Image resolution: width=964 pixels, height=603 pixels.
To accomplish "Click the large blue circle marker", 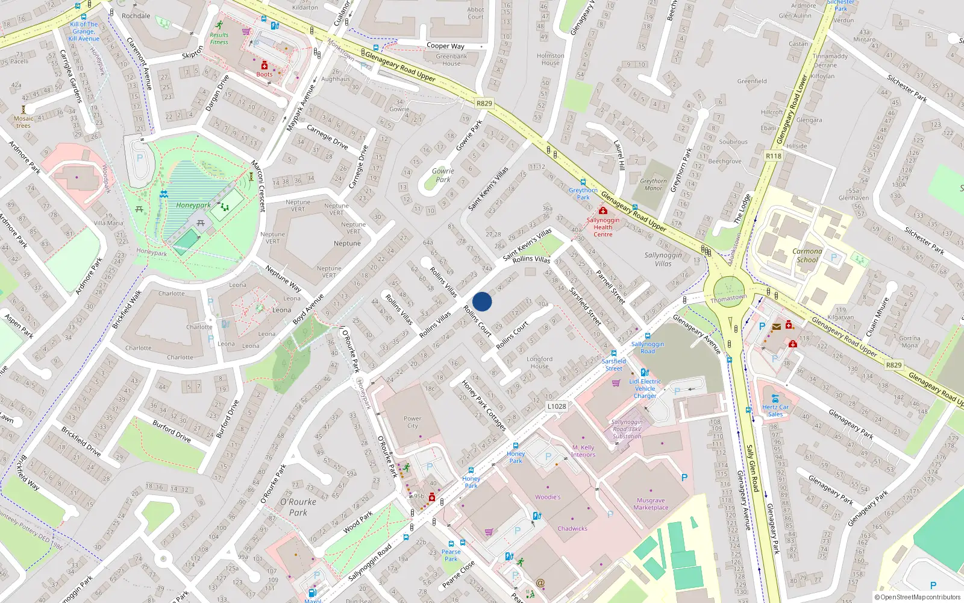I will click(x=482, y=301).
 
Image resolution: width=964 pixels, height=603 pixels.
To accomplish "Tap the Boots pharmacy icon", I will click(x=264, y=65).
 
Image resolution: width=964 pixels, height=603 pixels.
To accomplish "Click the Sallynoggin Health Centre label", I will click(x=602, y=227).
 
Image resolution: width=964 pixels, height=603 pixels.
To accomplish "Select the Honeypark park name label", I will click(x=193, y=205).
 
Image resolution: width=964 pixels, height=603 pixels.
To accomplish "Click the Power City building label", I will click(x=412, y=422).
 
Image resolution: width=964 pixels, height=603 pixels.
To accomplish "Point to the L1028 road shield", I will click(x=557, y=406).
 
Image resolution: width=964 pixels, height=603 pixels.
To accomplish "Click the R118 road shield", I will click(x=774, y=156).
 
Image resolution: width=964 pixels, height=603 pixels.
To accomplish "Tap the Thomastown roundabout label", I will click(x=728, y=298).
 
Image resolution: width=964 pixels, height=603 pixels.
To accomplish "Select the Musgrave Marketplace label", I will click(x=651, y=504).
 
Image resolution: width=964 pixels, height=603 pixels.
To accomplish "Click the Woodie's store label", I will click(x=548, y=497).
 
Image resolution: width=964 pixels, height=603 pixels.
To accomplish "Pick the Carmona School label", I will click(x=807, y=256).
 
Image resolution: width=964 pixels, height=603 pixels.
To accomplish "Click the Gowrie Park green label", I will click(x=443, y=175).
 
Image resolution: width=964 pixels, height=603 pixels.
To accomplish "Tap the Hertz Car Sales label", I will click(x=775, y=410).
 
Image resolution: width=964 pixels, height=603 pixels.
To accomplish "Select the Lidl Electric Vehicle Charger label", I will click(x=645, y=388).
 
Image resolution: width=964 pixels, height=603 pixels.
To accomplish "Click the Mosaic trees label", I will click(x=23, y=122).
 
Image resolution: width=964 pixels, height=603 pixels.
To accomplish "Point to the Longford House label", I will click(x=539, y=362).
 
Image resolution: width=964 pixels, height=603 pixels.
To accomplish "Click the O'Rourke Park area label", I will click(x=298, y=507).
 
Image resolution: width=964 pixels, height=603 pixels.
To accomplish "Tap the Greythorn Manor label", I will click(x=653, y=185).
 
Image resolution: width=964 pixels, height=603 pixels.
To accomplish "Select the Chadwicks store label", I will click(x=572, y=528).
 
